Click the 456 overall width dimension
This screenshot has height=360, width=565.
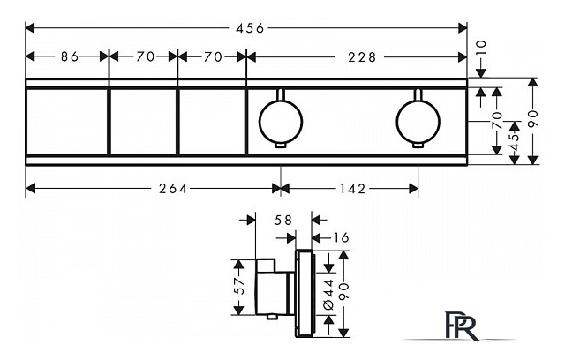pos(250,28)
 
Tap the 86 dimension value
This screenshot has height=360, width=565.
pos(70,56)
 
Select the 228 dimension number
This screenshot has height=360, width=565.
pos(362,56)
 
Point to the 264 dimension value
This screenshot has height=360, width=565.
pos(173,188)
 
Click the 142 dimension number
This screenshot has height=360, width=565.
pos(352,188)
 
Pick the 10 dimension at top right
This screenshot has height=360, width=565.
pos(481,48)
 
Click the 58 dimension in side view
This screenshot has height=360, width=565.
pos(282,220)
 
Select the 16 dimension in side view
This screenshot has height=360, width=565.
pos(341,237)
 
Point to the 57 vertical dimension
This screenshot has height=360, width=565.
pos(239,286)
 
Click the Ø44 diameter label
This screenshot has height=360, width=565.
pos(328,295)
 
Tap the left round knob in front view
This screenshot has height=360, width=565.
pos(281,122)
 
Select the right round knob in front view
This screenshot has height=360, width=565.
pos(418,122)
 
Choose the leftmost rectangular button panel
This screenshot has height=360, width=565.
pos(67,122)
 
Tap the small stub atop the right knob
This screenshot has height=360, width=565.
pos(418,94)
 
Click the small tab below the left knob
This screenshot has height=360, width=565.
pos(281,145)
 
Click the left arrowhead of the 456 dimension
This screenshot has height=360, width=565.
pos(30,28)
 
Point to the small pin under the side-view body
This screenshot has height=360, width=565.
pos(272,317)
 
